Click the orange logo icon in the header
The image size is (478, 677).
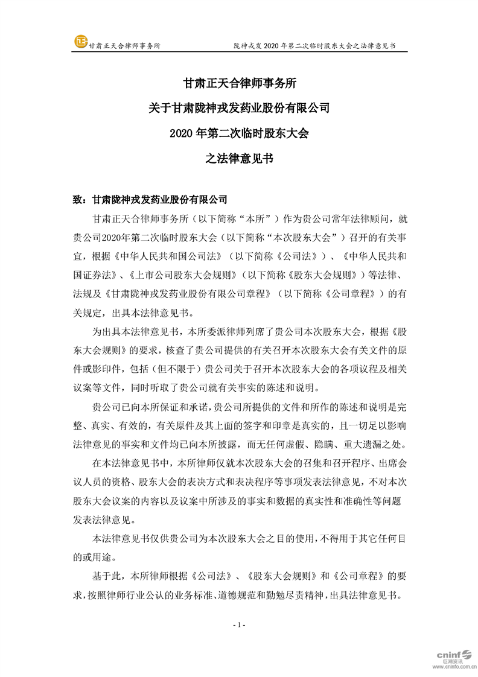click(x=80, y=42)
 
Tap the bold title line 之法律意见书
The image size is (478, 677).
click(x=238, y=159)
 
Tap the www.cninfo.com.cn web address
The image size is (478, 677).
click(x=449, y=669)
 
